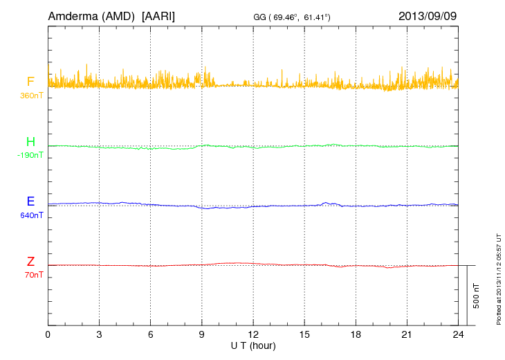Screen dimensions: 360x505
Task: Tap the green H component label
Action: coord(30,143)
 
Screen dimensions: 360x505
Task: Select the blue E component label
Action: coord(30,202)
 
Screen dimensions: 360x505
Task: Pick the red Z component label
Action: coord(30,262)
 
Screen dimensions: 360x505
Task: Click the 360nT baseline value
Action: coord(32,96)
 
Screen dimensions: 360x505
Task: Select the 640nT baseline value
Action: coord(32,215)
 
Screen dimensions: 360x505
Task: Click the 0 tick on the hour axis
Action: coord(48,334)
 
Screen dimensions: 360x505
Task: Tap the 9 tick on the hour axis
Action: coord(202,334)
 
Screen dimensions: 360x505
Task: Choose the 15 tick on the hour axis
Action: coord(304,334)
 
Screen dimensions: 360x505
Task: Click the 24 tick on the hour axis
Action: coord(458,334)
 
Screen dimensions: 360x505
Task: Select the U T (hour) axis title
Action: coord(253,345)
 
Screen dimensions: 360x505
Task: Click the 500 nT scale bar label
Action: coord(476,296)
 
